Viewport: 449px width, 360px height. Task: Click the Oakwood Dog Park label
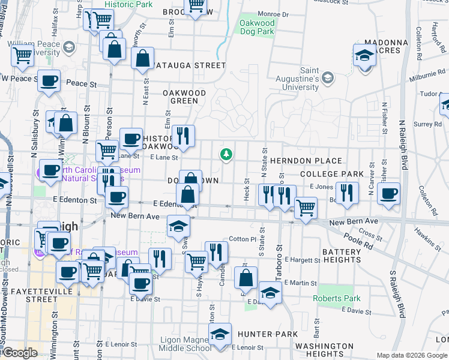pos(258,28)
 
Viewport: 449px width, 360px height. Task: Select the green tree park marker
pos(226,155)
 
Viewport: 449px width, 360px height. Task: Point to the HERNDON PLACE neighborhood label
pos(306,161)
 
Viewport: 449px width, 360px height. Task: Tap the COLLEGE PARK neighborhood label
pos(332,174)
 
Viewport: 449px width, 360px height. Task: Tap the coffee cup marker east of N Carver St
pos(388,194)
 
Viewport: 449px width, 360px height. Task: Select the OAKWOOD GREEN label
pos(184,97)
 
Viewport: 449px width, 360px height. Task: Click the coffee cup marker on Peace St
pos(49,80)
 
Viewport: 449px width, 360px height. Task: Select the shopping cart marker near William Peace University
pos(22,56)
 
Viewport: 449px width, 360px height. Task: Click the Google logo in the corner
pos(20,353)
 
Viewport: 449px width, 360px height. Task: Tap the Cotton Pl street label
pos(243,239)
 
